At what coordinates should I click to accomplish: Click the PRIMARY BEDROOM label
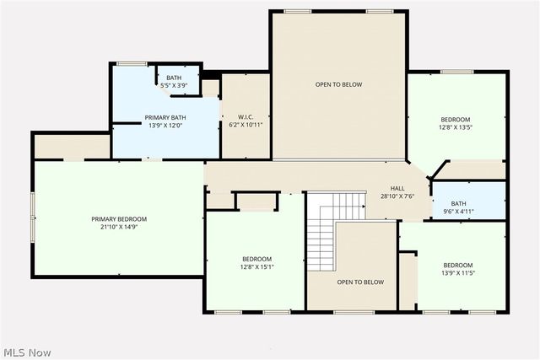click(x=119, y=218)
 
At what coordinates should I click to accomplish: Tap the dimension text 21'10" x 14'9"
click(x=119, y=227)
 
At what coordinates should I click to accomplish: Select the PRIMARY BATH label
click(x=165, y=117)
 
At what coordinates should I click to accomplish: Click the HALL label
click(x=397, y=188)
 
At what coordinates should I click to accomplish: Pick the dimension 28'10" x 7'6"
click(x=397, y=196)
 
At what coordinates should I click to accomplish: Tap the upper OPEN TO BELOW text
click(x=338, y=84)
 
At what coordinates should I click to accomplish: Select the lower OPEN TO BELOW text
click(x=360, y=282)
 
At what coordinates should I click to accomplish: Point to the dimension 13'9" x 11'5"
click(x=458, y=273)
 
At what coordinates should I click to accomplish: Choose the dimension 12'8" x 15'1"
click(x=257, y=266)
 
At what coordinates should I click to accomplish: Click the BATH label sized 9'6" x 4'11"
click(x=458, y=203)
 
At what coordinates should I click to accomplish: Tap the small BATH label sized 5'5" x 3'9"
click(x=173, y=78)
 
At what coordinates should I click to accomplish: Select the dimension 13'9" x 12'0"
click(x=165, y=126)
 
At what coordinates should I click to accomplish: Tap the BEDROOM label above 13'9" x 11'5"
click(x=458, y=265)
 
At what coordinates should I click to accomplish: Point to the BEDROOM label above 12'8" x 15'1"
click(x=257, y=258)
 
